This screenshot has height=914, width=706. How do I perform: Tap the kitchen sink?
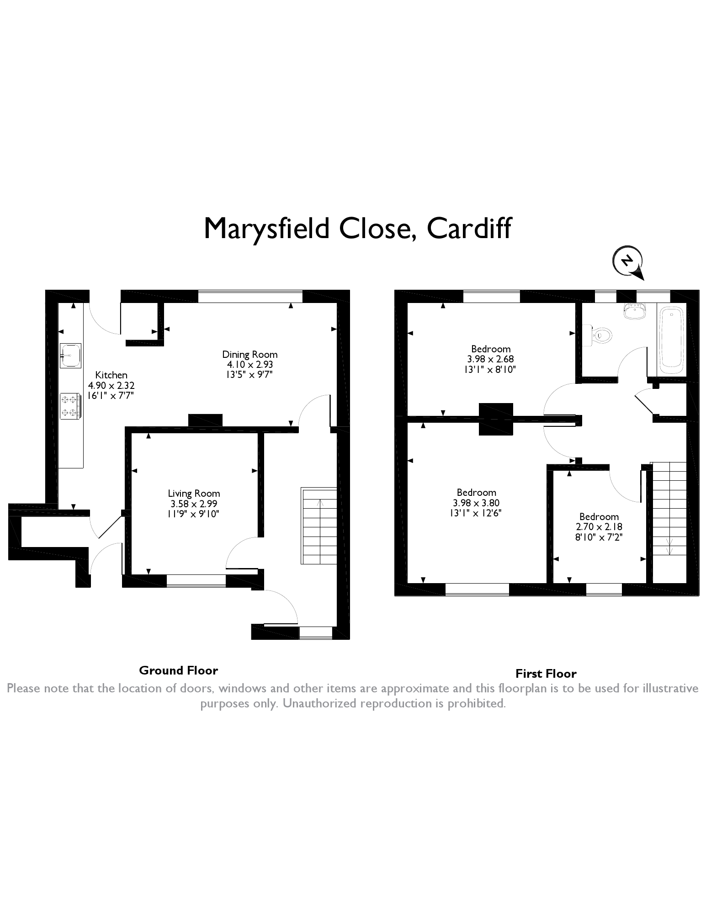(x=70, y=356)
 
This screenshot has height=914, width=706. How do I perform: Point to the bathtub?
(x=671, y=338)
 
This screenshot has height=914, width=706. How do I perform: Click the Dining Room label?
(x=249, y=354)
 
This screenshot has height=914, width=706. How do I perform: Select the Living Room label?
(x=194, y=494)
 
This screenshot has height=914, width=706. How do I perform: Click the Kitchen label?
(x=111, y=375)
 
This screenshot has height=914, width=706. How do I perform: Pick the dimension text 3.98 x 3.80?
(x=476, y=503)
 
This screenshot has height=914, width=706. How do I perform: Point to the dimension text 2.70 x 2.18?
(x=599, y=526)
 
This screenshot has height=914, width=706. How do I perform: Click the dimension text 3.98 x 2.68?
(x=491, y=359)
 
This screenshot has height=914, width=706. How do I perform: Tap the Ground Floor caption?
(x=178, y=670)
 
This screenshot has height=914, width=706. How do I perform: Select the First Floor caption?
(x=546, y=674)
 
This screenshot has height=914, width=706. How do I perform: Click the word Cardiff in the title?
(x=469, y=228)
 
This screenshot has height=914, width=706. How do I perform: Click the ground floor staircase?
(x=319, y=526)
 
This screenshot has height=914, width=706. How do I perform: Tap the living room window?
(x=196, y=581)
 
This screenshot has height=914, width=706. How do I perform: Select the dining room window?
(x=250, y=296)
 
